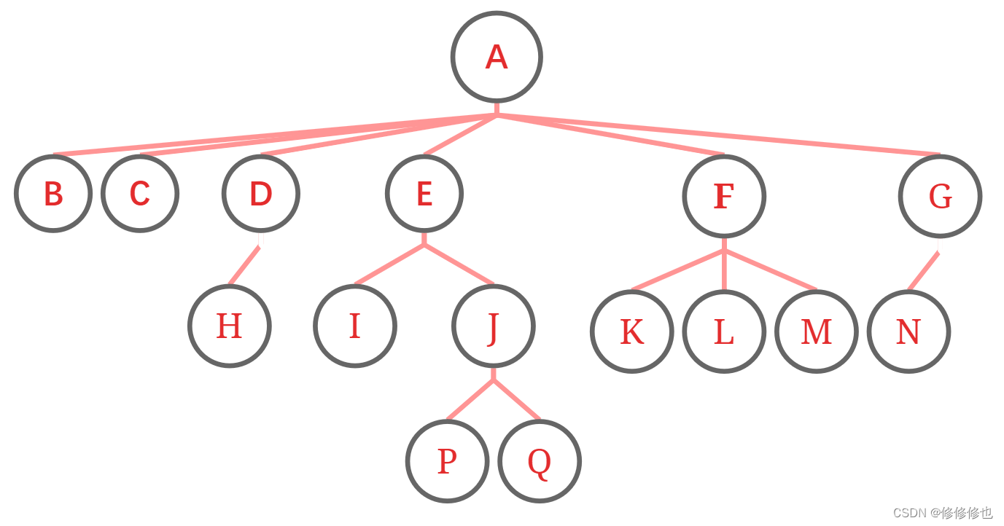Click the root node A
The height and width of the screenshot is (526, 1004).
497,57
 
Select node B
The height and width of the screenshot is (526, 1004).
53,194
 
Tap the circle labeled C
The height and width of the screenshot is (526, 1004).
139,194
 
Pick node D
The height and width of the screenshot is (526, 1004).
260,194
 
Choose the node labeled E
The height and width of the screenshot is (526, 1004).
424,194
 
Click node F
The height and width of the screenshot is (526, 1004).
723,196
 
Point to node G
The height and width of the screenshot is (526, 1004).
940,196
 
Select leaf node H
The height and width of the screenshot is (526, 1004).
229,326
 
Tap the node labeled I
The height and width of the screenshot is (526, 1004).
355,326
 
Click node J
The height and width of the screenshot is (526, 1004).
493,326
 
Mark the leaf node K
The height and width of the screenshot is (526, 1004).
631,331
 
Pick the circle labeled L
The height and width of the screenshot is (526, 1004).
723,331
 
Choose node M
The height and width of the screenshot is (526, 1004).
816,331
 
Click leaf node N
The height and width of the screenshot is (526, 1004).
908,331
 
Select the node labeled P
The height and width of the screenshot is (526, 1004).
446,461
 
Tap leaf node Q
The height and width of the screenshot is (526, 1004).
539,461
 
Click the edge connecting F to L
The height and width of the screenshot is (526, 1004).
723,270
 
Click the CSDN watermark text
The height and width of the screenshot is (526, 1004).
942,513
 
